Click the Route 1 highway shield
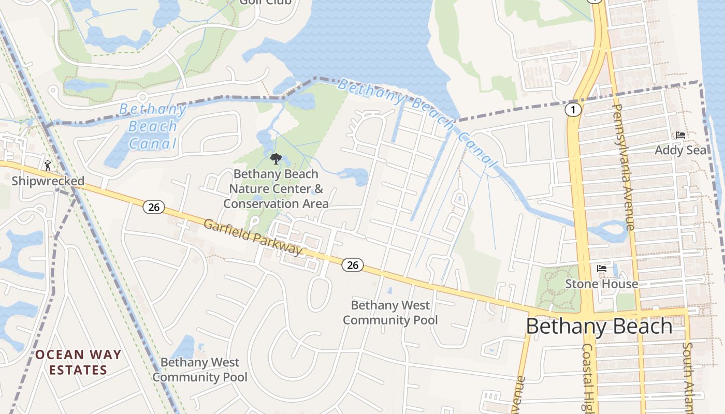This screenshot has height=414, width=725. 572,109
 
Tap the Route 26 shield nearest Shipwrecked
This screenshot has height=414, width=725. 153,207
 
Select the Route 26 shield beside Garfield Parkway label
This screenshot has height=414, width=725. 353,265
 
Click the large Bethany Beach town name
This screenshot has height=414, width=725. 599,326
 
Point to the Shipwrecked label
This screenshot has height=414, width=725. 48,181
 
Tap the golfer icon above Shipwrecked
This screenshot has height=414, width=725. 48,166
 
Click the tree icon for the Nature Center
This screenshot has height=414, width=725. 275,158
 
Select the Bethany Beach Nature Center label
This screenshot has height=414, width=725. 276,189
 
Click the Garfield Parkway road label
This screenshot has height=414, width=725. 253,238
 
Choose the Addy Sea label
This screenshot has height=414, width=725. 680,150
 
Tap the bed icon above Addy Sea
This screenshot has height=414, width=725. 680,135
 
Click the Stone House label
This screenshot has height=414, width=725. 601,284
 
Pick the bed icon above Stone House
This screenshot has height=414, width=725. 602,269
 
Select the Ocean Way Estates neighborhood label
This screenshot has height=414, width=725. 78,362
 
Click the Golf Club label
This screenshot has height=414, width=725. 265,2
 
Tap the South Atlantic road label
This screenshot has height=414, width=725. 688,378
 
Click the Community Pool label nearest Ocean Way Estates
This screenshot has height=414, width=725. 200,369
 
